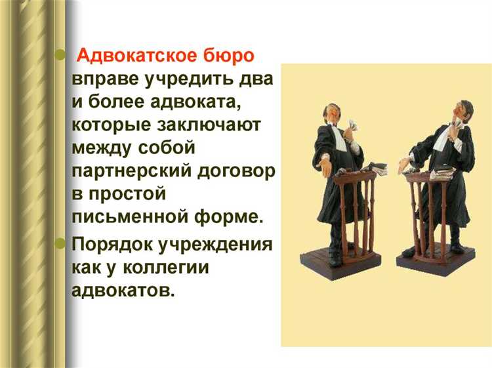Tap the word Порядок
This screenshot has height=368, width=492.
pos(109,245)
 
